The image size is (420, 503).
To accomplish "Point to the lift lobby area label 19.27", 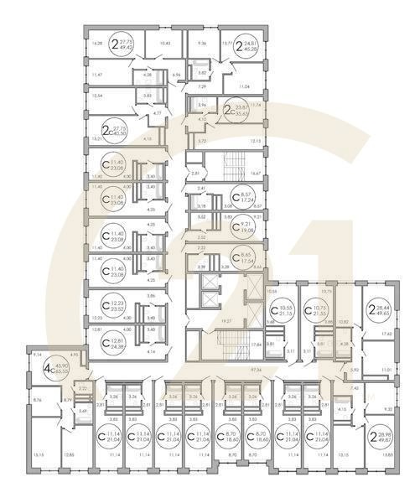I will coord(226,320).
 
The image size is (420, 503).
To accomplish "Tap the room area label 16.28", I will coord(97,42).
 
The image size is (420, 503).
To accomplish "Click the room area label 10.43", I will coord(165,42).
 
